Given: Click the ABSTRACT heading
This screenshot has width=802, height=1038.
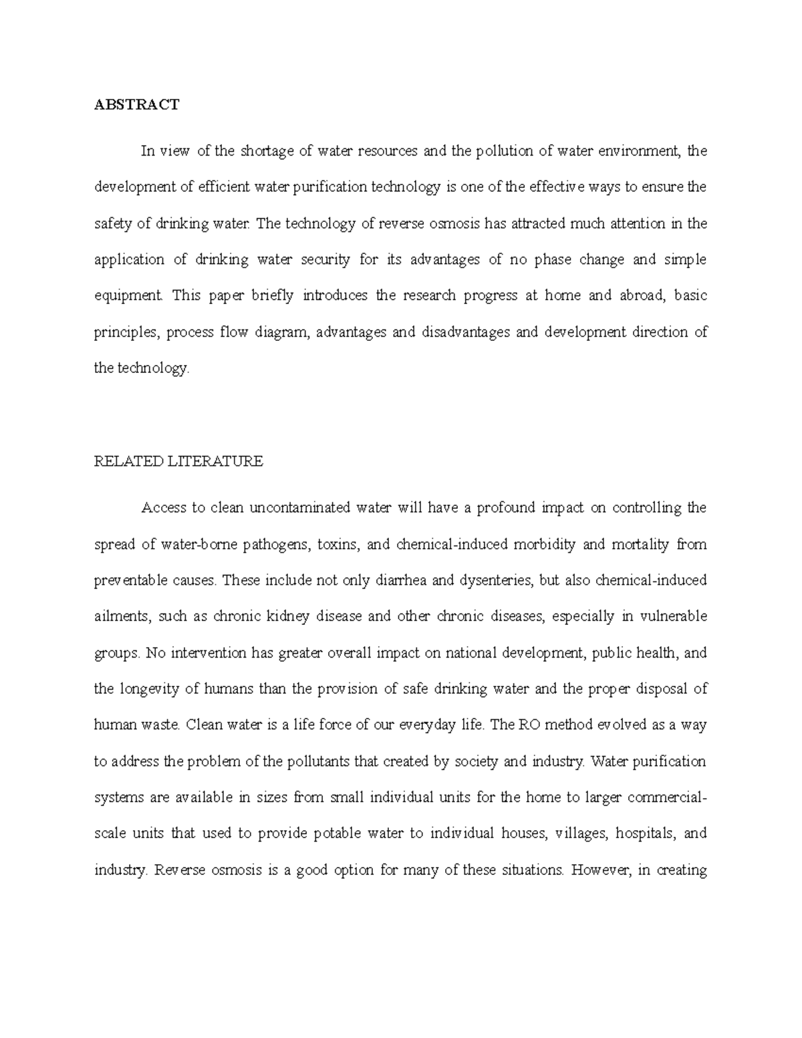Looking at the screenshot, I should [x=136, y=104].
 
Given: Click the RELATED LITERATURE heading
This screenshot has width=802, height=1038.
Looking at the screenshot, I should [x=178, y=461].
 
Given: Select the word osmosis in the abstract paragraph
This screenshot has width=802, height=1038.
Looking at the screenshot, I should [x=454, y=224].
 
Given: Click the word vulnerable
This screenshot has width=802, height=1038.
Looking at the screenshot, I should [x=673, y=616].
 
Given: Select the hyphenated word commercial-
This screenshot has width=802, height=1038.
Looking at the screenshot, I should [x=666, y=797].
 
